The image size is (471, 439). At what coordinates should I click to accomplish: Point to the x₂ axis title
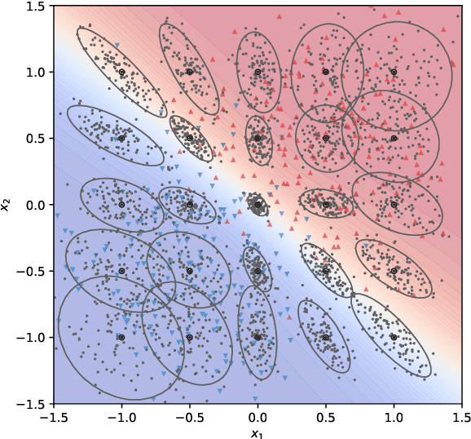point(7,204)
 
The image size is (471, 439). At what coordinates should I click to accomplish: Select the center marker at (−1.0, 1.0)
point(121,72)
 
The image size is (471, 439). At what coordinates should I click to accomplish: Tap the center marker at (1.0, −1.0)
point(394,337)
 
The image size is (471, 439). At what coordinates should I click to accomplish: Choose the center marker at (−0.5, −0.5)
point(190,271)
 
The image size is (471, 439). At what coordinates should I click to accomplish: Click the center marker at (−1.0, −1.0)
point(121,337)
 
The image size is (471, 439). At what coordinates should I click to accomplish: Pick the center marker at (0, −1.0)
point(258,337)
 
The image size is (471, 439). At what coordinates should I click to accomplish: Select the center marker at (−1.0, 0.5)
point(121,138)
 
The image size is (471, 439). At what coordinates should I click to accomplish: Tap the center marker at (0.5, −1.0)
point(325,337)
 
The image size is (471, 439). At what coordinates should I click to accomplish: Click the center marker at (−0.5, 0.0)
point(190,205)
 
